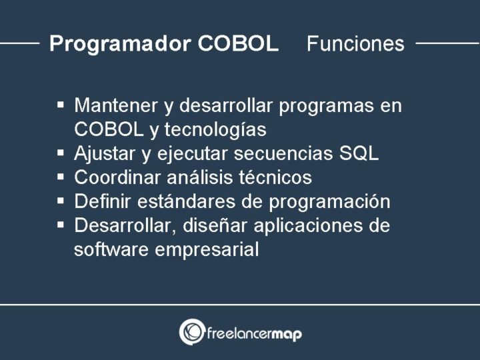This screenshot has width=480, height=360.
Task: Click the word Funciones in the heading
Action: pos(355,44)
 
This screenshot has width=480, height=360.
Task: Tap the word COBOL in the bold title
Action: pos(238,44)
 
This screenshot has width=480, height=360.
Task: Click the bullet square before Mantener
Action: pos(61,105)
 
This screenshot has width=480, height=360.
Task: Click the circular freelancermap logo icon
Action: pos(191,332)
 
